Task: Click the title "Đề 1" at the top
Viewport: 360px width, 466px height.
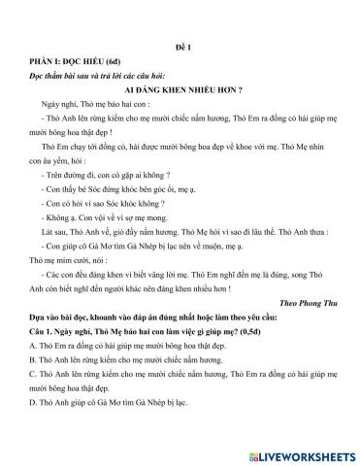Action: point(179,46)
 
